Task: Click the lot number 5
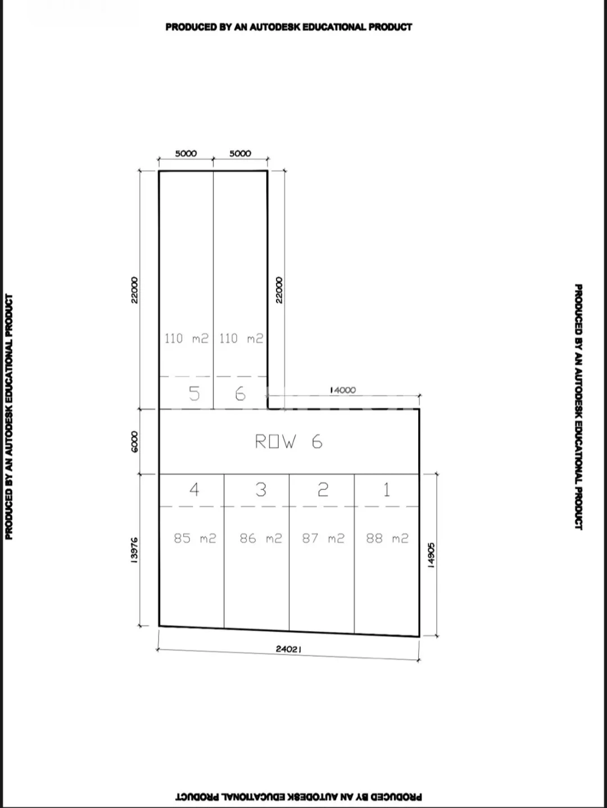tap(194, 393)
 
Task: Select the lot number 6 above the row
tap(240, 393)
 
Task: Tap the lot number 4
tap(194, 489)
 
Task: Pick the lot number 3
tap(261, 489)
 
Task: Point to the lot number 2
tap(323, 489)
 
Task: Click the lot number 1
tap(387, 489)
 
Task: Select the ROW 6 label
tap(288, 441)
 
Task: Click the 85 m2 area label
tap(194, 538)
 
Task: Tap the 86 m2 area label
tap(261, 538)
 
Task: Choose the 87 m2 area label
tap(323, 538)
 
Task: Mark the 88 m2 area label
tap(387, 538)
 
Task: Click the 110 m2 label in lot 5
tap(186, 338)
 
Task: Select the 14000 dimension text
tap(343, 390)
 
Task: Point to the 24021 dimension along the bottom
tap(288, 649)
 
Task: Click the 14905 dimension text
tap(431, 555)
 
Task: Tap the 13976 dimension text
tap(134, 550)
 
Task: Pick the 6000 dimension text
tap(134, 442)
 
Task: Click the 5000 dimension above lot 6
tap(240, 153)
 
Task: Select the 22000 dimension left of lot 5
tap(134, 290)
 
